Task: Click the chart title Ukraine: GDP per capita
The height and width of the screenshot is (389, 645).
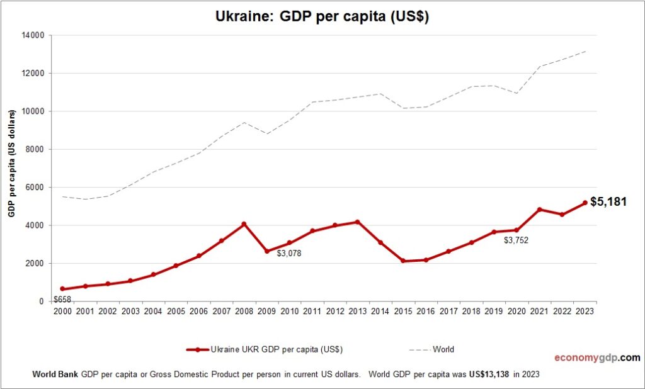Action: (322, 17)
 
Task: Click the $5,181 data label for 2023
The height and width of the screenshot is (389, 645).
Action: (608, 202)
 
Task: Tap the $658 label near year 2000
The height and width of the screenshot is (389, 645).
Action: (62, 299)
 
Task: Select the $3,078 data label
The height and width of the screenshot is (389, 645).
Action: (290, 253)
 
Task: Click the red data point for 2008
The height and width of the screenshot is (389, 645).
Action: (244, 224)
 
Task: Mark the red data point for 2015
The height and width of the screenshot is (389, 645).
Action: (403, 261)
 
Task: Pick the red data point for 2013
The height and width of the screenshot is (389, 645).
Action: (358, 222)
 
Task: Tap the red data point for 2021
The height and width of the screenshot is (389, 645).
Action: (540, 210)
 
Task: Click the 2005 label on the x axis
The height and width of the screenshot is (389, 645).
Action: (176, 312)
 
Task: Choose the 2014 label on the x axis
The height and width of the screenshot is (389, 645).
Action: (380, 312)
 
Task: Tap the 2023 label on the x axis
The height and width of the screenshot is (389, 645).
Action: (585, 312)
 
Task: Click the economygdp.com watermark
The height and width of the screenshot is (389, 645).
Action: (596, 358)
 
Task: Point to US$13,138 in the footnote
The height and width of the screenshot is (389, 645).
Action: (489, 374)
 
